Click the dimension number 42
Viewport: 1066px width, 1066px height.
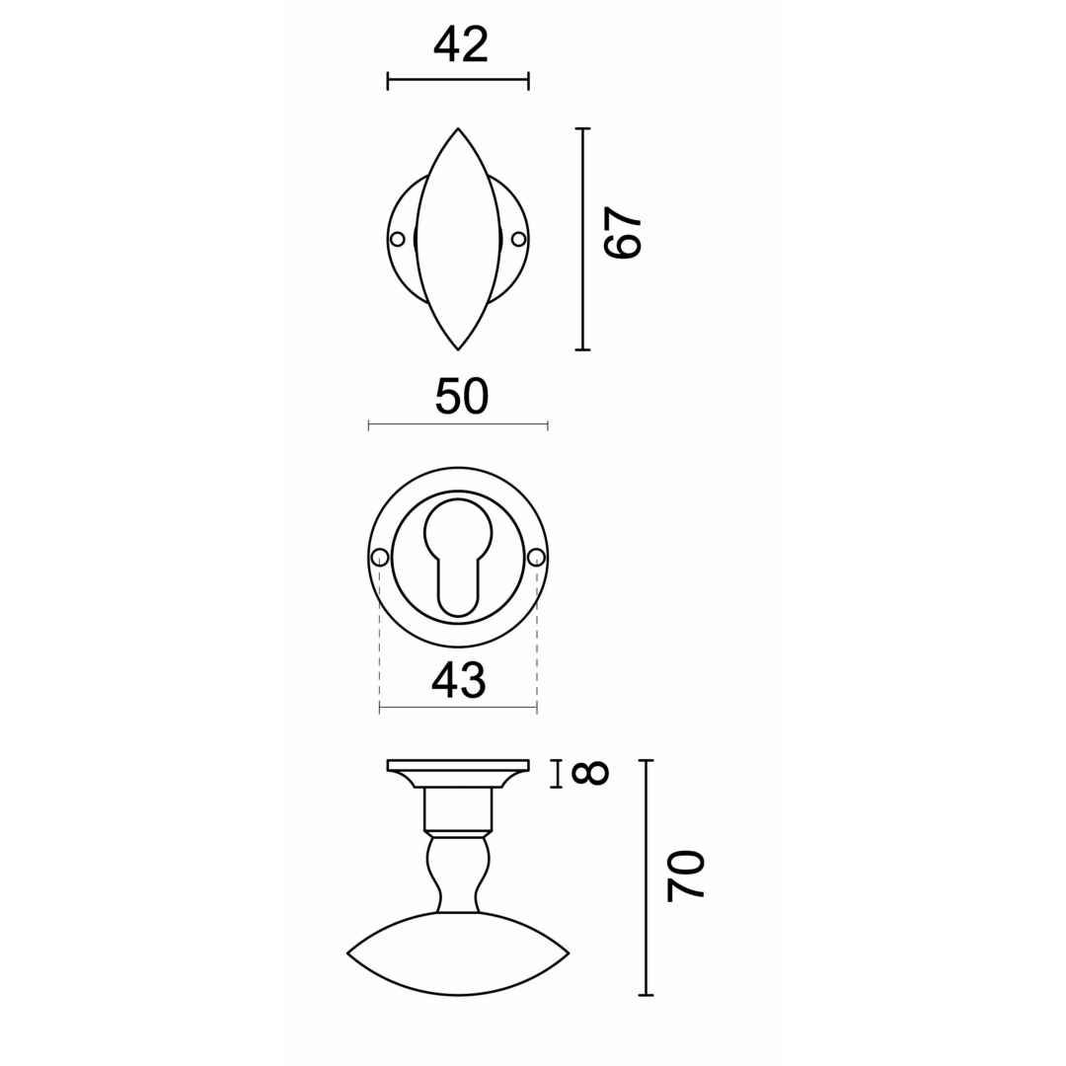tap(461, 44)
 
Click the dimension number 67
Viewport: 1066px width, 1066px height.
tap(623, 233)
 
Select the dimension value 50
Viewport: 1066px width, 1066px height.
tap(462, 396)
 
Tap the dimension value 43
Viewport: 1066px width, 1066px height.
tap(459, 679)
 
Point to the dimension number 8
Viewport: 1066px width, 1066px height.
tap(589, 774)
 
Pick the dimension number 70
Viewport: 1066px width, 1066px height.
tap(685, 876)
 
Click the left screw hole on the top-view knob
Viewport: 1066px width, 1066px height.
tap(398, 239)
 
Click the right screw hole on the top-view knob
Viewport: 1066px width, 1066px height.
tap(518, 239)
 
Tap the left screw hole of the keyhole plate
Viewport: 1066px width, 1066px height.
tap(380, 558)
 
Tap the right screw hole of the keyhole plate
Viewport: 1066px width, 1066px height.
tap(536, 558)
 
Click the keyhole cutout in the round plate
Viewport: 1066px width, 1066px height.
tap(458, 553)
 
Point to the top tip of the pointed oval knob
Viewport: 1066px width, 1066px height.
tap(458, 129)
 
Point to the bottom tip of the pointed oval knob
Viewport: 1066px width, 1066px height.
tap(458, 348)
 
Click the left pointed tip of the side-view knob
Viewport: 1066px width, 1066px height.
tap(348, 953)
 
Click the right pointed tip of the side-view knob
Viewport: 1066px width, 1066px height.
tap(568, 953)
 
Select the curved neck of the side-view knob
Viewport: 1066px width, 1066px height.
tap(458, 875)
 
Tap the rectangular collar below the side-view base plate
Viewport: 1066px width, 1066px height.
tap(458, 809)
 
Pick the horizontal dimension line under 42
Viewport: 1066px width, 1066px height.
tap(458, 79)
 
